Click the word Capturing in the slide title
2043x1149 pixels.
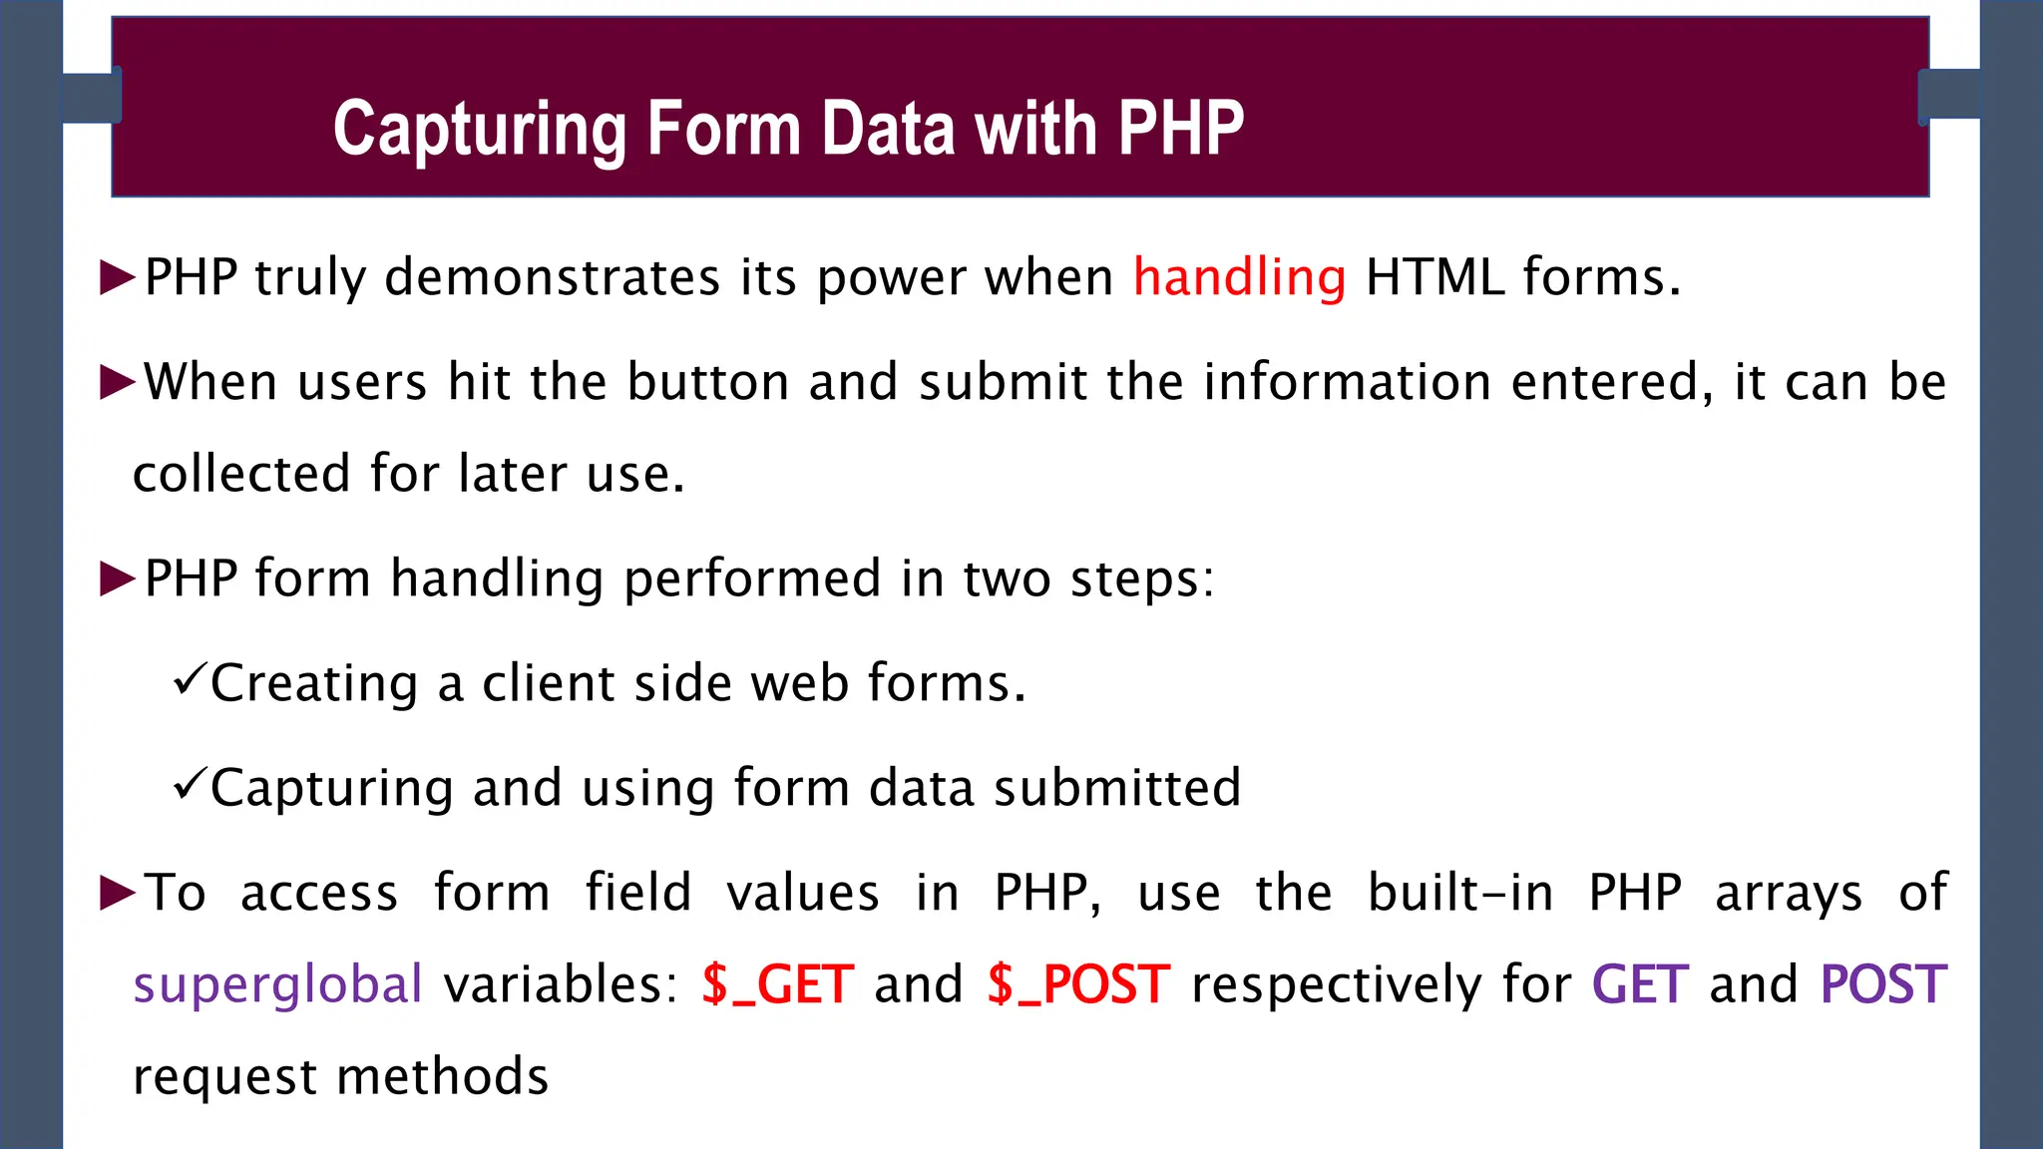pyautogui.click(x=478, y=130)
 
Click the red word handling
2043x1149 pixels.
pyautogui.click(x=1239, y=276)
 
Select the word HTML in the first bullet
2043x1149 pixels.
pyautogui.click(x=1433, y=276)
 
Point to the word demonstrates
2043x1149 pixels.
pyautogui.click(x=552, y=276)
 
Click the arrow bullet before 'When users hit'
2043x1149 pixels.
pyautogui.click(x=118, y=382)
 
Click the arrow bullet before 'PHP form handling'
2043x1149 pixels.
pyautogui.click(x=118, y=578)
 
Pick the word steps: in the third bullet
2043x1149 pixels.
pyautogui.click(x=1142, y=578)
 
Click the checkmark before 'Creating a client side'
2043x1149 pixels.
pyautogui.click(x=188, y=681)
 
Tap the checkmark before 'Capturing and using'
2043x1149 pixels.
pyautogui.click(x=188, y=786)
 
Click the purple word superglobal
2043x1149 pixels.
pyautogui.click(x=278, y=985)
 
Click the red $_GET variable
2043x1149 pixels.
pyautogui.click(x=778, y=985)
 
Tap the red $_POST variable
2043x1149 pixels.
pyautogui.click(x=1078, y=985)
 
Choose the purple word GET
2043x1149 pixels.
pyautogui.click(x=1640, y=985)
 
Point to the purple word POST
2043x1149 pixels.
pyautogui.click(x=1883, y=985)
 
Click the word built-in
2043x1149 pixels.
pyautogui.click(x=1460, y=892)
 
